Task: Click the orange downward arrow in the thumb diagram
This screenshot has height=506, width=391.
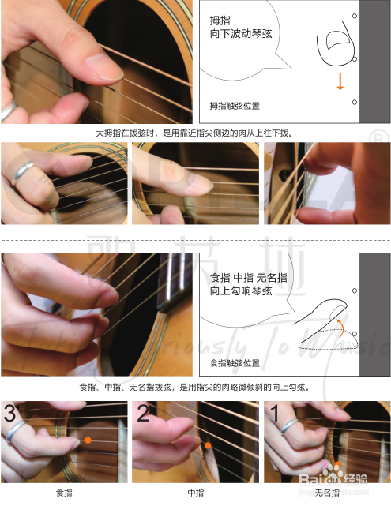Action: pos(340,81)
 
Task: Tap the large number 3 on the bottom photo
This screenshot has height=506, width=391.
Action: pos(9,413)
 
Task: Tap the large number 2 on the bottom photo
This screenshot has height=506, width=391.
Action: pos(143,413)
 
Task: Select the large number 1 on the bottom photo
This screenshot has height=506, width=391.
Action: pos(274,413)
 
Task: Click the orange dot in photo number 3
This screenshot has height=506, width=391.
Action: pos(88,440)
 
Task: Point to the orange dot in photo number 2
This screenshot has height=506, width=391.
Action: pos(208,445)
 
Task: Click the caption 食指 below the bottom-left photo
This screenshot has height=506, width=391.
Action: pos(64,493)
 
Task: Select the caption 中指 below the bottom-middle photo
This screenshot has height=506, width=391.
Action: pos(196,493)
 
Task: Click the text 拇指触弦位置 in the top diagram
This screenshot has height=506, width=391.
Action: pos(235,106)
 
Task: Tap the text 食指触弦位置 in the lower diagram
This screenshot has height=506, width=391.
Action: pos(235,363)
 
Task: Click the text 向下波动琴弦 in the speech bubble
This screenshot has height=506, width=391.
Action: pos(241,34)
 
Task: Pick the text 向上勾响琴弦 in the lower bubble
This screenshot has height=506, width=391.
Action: pos(241,290)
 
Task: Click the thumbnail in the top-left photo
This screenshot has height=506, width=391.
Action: pos(104,67)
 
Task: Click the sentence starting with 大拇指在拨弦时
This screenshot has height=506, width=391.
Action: pos(194,133)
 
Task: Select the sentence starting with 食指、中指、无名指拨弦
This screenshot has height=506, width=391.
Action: pos(194,387)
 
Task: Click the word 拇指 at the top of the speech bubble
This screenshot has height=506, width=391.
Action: pos(220,21)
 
